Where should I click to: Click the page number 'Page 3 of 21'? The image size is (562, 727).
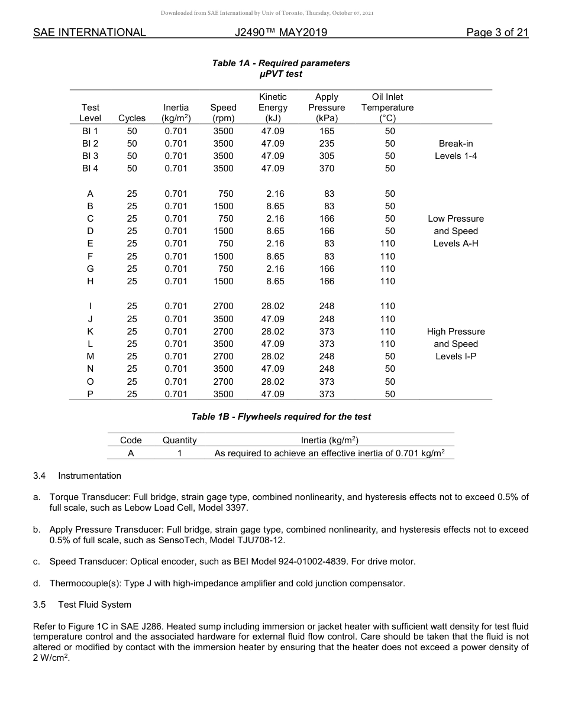(497, 33)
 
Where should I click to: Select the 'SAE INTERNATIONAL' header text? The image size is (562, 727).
(89, 33)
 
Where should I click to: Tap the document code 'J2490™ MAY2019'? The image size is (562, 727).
(280, 33)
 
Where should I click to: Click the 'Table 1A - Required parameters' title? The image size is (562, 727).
(281, 63)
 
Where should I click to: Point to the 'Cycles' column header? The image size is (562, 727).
(132, 118)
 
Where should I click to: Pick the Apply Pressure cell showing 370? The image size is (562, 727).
(327, 168)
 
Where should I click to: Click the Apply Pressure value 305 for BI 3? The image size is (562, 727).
(327, 156)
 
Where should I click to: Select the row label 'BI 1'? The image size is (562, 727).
(90, 131)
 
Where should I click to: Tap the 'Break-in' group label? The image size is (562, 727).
(456, 144)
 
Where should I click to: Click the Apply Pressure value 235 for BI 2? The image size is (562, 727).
(327, 144)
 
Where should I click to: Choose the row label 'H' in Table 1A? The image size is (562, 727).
(90, 281)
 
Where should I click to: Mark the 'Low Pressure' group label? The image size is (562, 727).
(456, 219)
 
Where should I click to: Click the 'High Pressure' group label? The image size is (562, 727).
(456, 332)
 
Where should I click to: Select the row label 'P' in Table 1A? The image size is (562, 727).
(90, 394)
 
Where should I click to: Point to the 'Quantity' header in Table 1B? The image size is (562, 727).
(180, 440)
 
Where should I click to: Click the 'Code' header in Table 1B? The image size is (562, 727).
(131, 440)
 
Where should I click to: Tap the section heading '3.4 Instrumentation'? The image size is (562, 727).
(77, 476)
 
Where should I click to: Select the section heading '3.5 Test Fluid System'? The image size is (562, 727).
(82, 605)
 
